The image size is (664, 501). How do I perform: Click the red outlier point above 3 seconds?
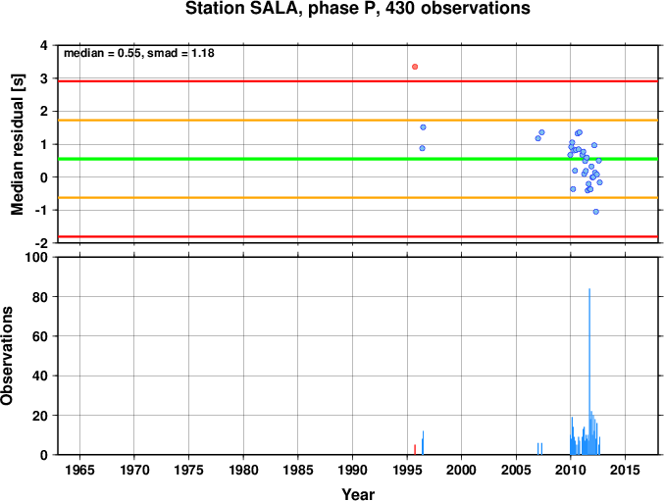click(415, 67)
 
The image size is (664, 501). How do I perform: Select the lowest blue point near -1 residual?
click(595, 212)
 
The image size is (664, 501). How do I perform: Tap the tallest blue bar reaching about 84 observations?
click(589, 372)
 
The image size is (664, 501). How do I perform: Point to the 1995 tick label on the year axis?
click(407, 470)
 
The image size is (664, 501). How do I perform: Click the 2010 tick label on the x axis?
click(571, 470)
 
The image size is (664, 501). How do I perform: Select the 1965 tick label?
click(79, 470)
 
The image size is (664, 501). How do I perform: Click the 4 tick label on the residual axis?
click(44, 45)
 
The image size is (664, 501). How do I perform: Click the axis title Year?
click(358, 494)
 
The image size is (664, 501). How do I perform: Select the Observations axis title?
click(7, 356)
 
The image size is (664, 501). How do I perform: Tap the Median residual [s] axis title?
click(18, 144)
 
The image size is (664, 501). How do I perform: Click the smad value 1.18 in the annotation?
click(203, 53)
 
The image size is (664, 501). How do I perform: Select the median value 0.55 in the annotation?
click(129, 53)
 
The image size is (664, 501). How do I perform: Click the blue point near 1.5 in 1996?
click(423, 127)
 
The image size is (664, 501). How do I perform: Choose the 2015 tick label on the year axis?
click(625, 470)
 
